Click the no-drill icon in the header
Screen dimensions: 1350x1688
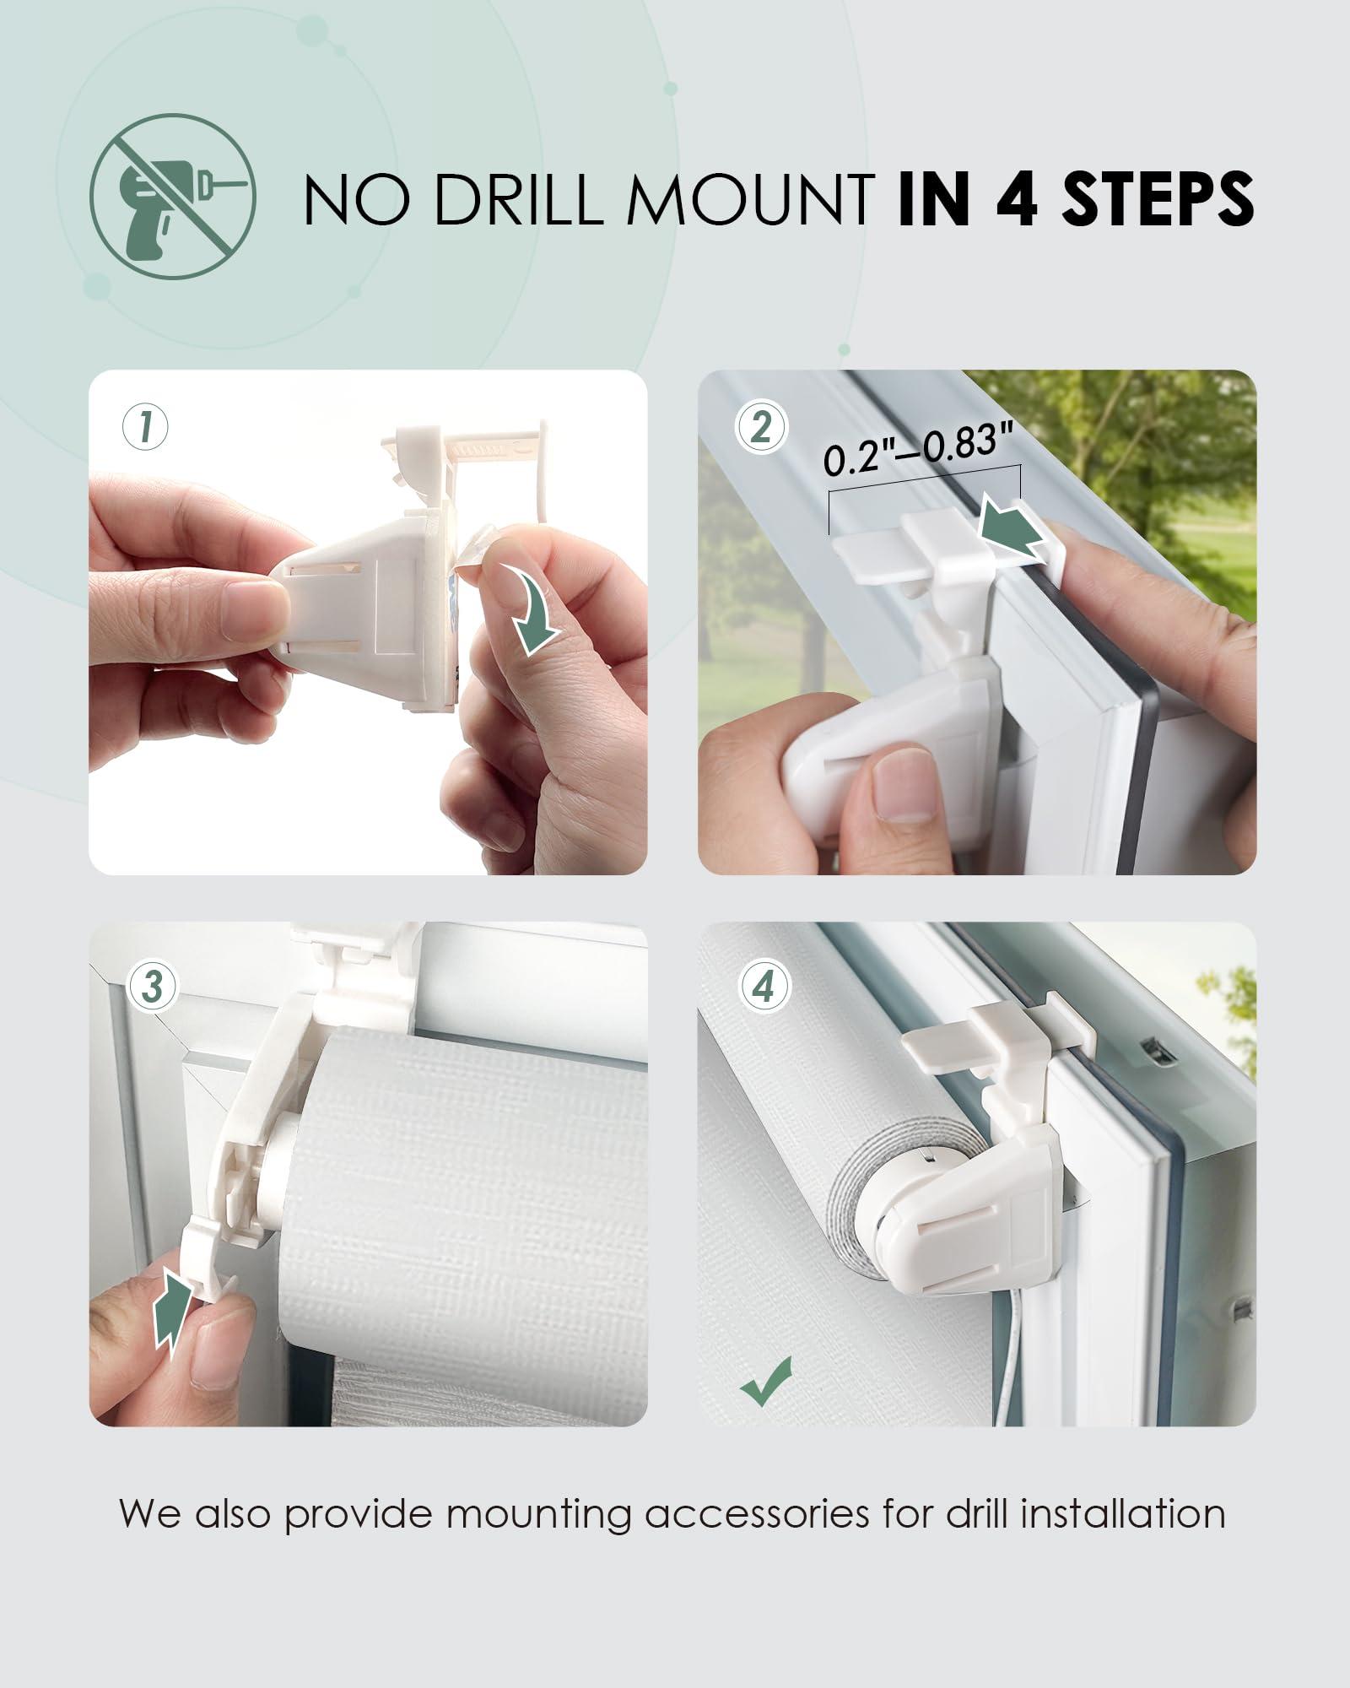(173, 197)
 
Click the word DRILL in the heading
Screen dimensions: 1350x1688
(516, 199)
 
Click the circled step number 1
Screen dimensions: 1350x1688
(145, 427)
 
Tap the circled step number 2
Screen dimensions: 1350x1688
(760, 427)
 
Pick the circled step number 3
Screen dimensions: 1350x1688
(152, 987)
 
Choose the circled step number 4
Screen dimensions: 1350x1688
(764, 987)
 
